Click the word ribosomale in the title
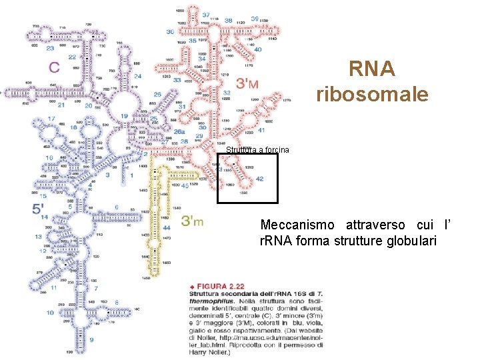tap(372, 94)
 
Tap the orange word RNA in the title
tap(372, 69)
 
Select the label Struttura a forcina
tap(257, 150)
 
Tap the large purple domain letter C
tap(54, 67)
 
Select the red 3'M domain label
tap(248, 83)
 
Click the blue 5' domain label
tap(39, 209)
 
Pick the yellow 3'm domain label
tap(193, 220)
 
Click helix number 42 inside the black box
tap(259, 179)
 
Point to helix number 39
tap(255, 19)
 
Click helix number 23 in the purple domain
tap(51, 48)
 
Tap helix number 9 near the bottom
tap(91, 339)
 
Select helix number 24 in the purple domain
tap(137, 77)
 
